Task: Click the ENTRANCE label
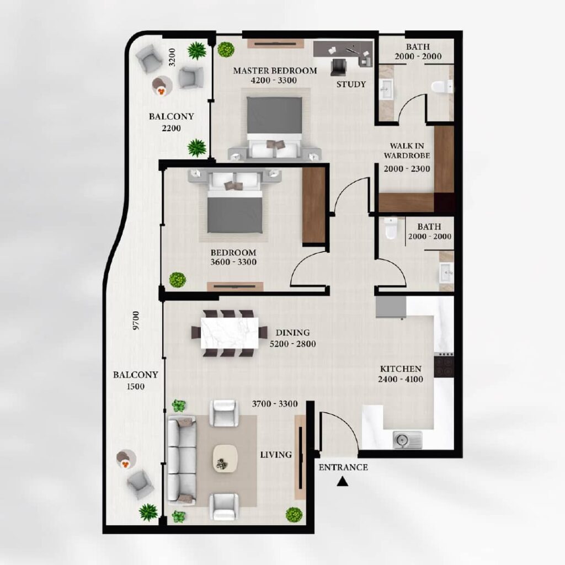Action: pyautogui.click(x=343, y=467)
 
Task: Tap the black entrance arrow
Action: pyautogui.click(x=342, y=482)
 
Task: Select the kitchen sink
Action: pyautogui.click(x=407, y=440)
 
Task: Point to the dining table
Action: pyautogui.click(x=230, y=332)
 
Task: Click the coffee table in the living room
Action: pyautogui.click(x=225, y=458)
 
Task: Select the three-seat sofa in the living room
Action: pyautogui.click(x=182, y=460)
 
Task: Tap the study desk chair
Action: pyautogui.click(x=338, y=67)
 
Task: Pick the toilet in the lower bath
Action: pyautogui.click(x=391, y=229)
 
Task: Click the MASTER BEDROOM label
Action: pyautogui.click(x=275, y=71)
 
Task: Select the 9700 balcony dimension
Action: pyautogui.click(x=136, y=321)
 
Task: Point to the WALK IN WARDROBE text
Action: pyautogui.click(x=407, y=151)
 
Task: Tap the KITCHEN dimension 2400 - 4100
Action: pyautogui.click(x=401, y=379)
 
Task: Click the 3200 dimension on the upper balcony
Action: pyautogui.click(x=172, y=57)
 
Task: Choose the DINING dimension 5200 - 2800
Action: pyautogui.click(x=292, y=344)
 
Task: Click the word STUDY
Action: pyautogui.click(x=351, y=84)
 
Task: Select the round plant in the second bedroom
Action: pyautogui.click(x=177, y=280)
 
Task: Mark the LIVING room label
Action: pyautogui.click(x=276, y=455)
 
